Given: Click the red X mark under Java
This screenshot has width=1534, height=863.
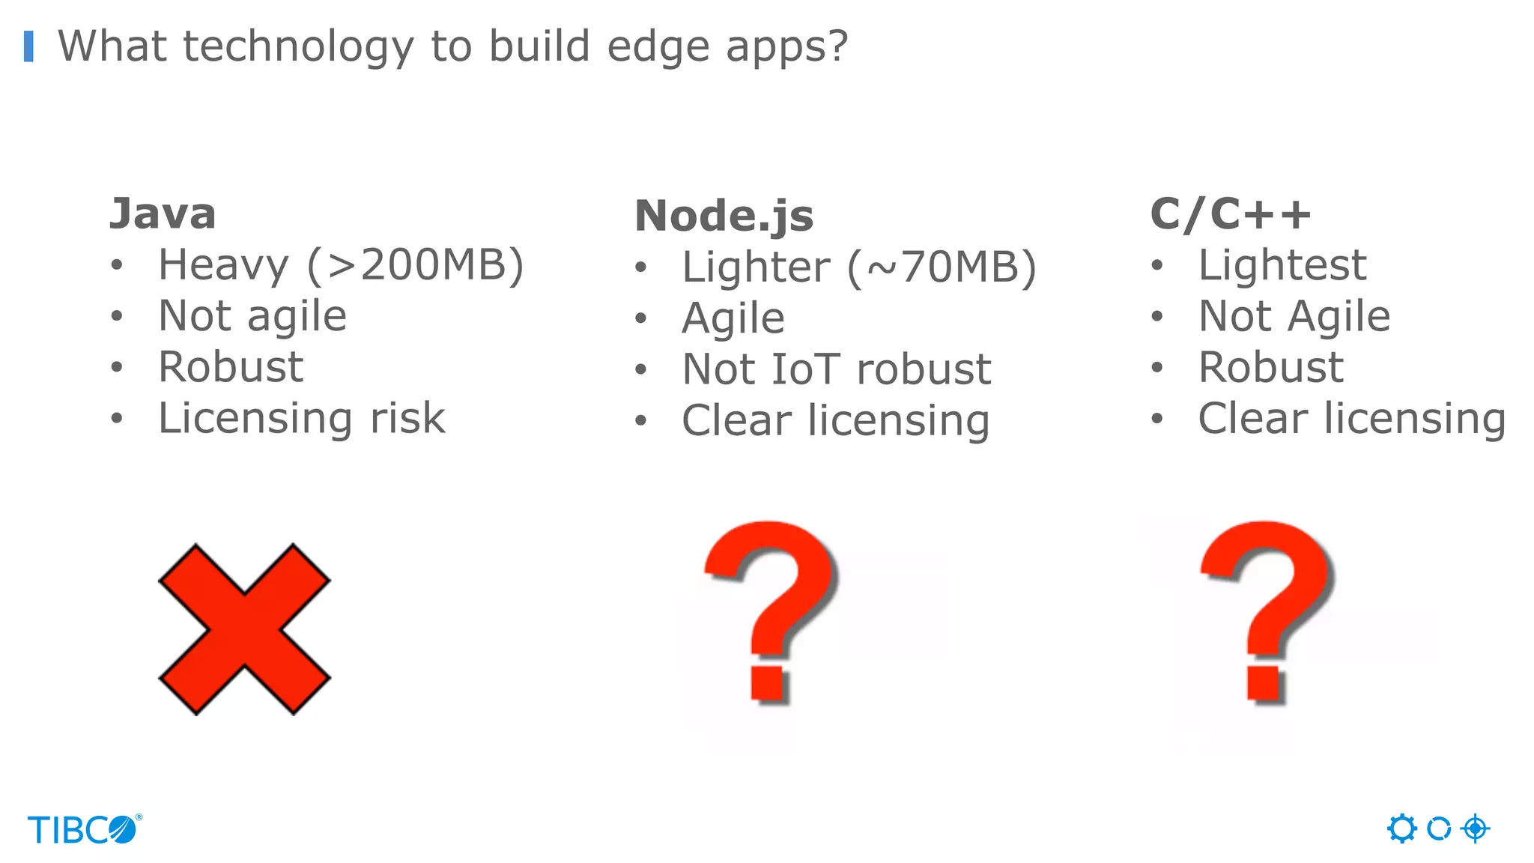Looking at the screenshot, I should [x=244, y=629].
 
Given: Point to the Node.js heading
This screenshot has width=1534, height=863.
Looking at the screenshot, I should [x=724, y=216].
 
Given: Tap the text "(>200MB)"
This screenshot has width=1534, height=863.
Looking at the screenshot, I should [x=416, y=265].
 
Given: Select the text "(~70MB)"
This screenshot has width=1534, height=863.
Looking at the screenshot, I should [x=942, y=267].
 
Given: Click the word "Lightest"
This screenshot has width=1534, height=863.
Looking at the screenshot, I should [x=1282, y=265].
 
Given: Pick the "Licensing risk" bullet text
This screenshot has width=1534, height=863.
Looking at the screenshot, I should [x=302, y=418].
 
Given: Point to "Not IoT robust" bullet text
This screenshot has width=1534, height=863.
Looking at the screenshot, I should [x=837, y=369].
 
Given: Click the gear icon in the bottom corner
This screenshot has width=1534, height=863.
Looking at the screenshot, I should [x=1401, y=829].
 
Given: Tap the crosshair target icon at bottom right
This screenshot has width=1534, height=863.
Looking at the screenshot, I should [x=1475, y=829].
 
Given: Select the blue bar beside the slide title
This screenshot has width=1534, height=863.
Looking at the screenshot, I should [x=28, y=46].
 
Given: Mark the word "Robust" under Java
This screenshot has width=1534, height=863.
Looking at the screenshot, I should [x=231, y=367].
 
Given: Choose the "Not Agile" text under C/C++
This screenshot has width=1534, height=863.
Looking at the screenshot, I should [x=1294, y=316].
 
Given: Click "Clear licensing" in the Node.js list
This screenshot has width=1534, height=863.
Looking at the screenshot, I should [x=835, y=420].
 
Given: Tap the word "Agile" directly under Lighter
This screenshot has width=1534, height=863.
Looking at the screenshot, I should [x=733, y=318].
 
